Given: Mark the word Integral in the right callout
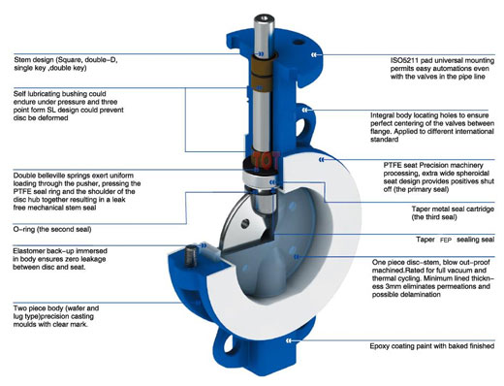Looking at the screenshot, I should pyautogui.click(x=387, y=114).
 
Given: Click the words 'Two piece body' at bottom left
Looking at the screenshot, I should pyautogui.click(x=44, y=306).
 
